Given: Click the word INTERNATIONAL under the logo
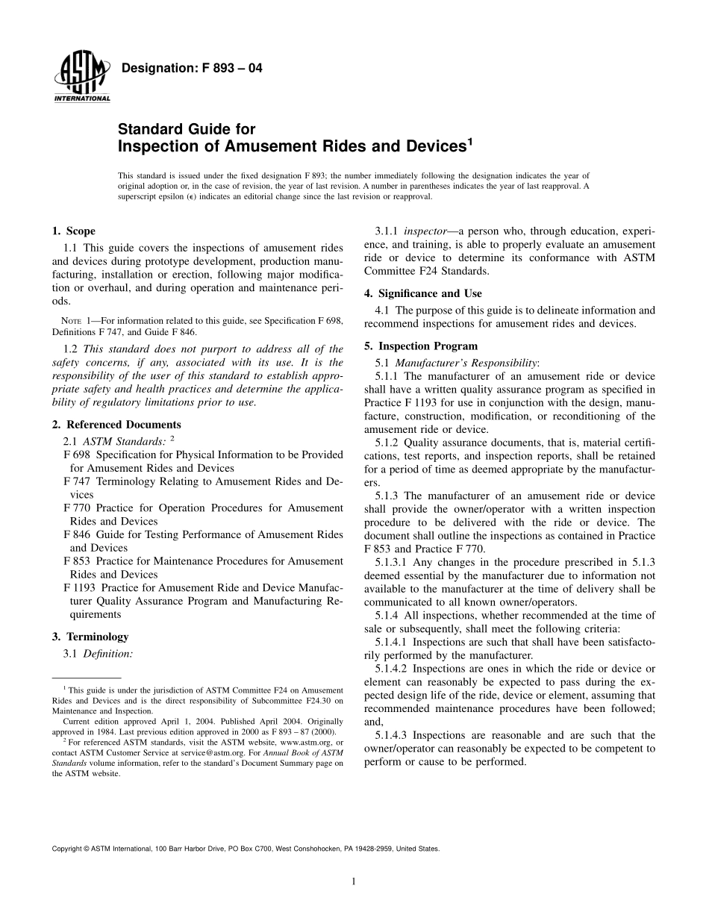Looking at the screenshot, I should [82, 99].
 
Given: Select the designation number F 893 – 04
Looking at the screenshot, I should [225, 69].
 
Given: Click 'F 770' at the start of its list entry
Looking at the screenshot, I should [78, 508].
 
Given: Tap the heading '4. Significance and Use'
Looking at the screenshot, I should [422, 293].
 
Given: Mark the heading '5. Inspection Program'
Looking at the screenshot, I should [420, 346].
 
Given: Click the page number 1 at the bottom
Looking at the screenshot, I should [354, 881].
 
